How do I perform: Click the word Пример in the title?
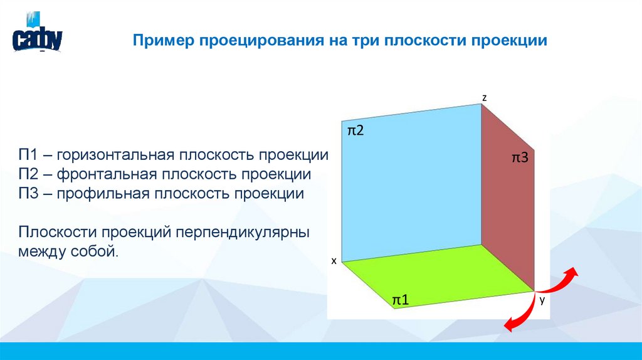pos(163,41)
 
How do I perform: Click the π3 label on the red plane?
pos(520,158)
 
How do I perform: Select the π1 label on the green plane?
pos(401,300)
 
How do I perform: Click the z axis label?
pos(484,97)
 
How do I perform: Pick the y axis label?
pos(542,301)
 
